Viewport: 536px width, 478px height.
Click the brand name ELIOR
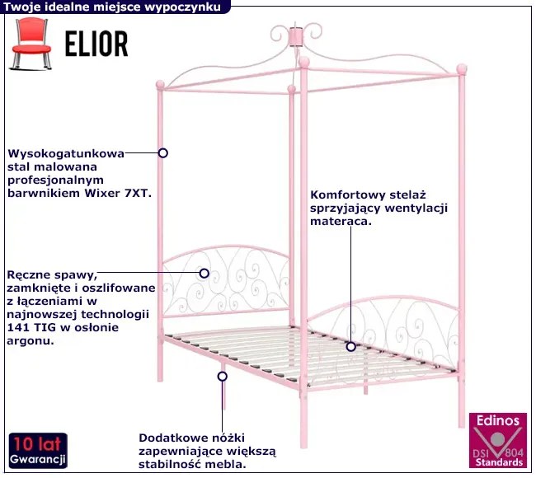pos(96,45)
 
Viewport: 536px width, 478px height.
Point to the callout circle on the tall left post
pos(163,152)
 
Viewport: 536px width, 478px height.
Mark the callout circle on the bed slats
pos(350,347)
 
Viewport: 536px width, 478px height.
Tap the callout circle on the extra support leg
pos(222,376)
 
